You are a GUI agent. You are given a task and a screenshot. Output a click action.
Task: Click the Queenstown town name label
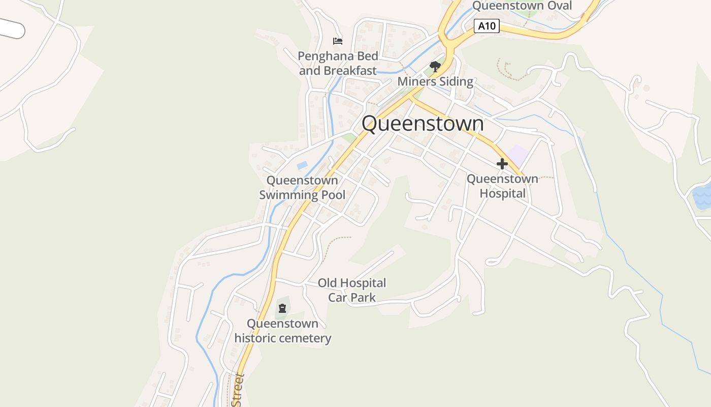click(423, 124)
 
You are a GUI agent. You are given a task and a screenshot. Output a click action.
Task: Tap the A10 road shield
click(487, 26)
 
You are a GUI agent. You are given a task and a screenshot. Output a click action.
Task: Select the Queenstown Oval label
click(522, 6)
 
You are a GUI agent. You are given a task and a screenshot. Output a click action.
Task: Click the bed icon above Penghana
click(337, 41)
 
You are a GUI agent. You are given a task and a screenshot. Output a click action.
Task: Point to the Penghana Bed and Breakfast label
click(338, 63)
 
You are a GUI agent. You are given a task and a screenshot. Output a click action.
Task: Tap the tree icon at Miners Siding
click(435, 66)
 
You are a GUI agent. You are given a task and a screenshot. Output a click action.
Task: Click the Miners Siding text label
click(435, 81)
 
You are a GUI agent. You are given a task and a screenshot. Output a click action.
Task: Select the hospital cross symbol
click(502, 164)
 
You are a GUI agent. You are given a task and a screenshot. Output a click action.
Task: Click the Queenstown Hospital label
click(502, 186)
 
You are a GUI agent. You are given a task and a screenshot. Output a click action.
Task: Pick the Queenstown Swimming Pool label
click(302, 187)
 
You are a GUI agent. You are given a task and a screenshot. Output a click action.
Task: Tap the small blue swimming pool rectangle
click(302, 165)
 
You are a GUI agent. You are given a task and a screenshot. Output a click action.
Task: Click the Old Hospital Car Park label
click(352, 290)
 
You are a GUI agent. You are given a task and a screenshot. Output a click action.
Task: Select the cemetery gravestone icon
click(282, 308)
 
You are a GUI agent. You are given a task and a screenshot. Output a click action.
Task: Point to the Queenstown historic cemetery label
click(282, 331)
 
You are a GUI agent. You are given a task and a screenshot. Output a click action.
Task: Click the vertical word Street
click(238, 390)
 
